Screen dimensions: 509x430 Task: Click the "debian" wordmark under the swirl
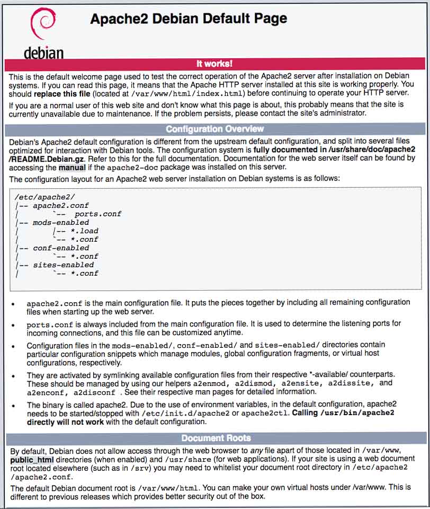pos(43,53)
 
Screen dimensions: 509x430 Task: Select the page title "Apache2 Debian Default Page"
pos(189,19)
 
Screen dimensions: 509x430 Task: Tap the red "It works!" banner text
pos(214,64)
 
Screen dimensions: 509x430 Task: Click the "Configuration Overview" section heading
pos(214,129)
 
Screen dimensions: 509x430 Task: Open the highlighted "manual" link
pos(71,168)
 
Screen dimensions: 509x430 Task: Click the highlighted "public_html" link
pos(32,459)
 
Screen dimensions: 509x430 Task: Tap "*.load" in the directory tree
pos(84,231)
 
